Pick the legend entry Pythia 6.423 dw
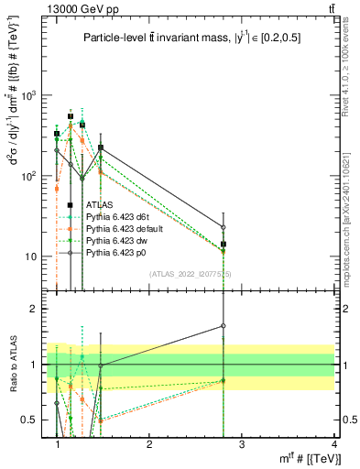(114, 239)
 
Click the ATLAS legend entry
(99, 203)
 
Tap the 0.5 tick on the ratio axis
(36, 420)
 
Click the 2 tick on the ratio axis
(41, 309)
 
